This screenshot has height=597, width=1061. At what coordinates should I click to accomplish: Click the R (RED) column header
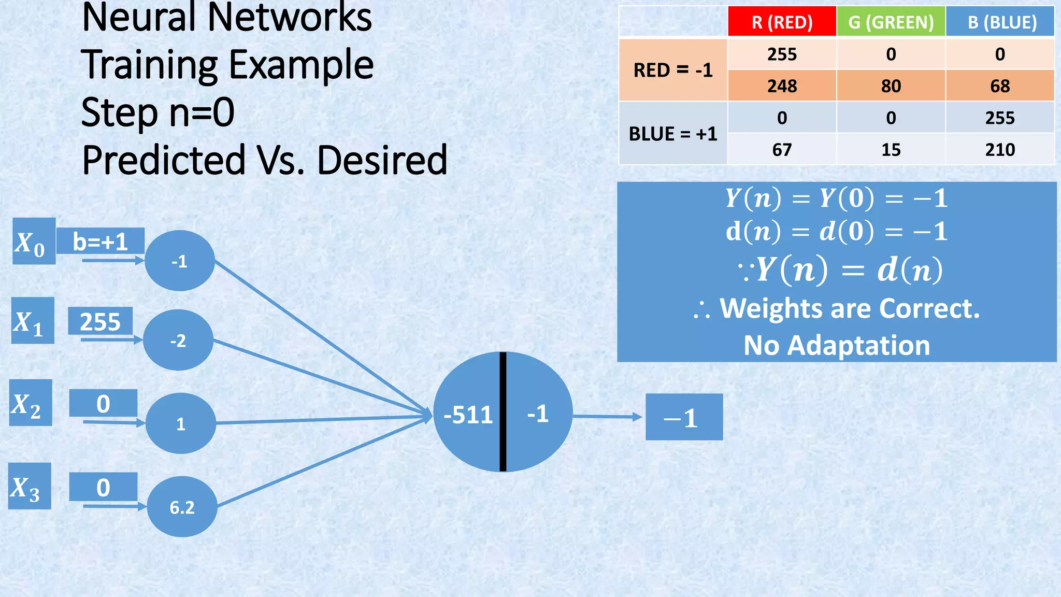782,22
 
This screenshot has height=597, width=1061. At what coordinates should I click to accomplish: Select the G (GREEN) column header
891,22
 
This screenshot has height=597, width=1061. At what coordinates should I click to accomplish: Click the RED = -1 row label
673,70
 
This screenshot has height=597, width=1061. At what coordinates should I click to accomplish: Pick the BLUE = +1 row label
673,134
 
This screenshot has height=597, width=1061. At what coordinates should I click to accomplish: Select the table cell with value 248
782,86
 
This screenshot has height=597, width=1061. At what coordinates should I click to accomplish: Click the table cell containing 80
891,86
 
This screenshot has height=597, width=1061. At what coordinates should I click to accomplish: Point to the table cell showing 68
1000,86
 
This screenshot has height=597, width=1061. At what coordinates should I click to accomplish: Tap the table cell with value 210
1000,150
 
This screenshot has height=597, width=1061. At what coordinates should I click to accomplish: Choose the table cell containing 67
782,150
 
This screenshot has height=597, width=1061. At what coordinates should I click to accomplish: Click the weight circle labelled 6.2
182,507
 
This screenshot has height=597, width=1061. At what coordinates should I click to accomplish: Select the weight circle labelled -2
178,340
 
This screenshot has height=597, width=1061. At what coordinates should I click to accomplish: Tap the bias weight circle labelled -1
179,261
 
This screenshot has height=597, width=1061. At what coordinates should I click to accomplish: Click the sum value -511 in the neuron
468,415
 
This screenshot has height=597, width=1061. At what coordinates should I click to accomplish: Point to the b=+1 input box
100,241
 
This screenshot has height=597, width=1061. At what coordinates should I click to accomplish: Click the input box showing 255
100,321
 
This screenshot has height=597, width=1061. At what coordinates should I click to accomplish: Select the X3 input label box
30,486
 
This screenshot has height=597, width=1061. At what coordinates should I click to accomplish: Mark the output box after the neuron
684,417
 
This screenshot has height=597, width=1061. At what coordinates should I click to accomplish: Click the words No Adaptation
837,345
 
